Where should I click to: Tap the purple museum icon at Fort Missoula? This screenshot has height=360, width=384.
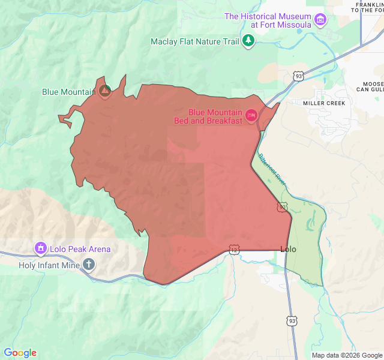coord(321,20)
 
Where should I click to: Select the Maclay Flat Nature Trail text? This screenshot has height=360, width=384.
coord(194,41)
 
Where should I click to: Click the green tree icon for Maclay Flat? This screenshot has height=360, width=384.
coord(248,41)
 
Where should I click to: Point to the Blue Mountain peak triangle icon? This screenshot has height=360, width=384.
coord(104,91)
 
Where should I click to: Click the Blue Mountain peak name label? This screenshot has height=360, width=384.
coord(68,92)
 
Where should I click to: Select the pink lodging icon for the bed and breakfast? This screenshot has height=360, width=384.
coord(251,114)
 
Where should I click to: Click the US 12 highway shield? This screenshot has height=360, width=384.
coord(234,248)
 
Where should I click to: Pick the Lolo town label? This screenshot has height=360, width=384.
coord(288,249)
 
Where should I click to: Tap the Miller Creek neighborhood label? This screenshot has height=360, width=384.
coord(323,103)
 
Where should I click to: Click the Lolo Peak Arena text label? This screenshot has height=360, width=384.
coord(80,249)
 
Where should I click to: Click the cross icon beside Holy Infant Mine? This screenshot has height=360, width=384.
coord(89,264)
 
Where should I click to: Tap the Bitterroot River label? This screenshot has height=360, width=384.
coord(274,170)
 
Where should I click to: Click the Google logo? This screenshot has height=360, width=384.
coord(20,353)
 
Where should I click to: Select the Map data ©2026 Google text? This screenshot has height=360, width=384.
coord(346,355)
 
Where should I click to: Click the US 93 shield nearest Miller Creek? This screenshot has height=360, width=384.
coord(298,76)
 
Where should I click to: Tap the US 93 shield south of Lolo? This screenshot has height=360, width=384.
coord(290,321)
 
